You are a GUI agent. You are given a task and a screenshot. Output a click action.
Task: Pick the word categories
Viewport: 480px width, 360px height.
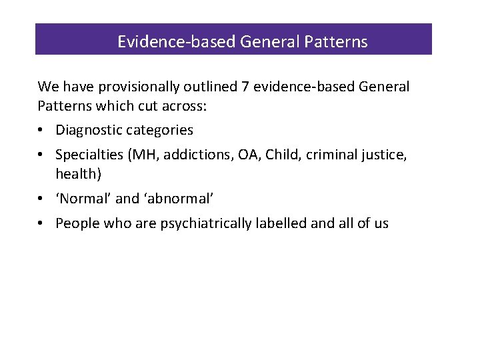click(x=160, y=130)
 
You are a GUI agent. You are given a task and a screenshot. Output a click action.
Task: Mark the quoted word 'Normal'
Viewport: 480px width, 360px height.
click(x=83, y=198)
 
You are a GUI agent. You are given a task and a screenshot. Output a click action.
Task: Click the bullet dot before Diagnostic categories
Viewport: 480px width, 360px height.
click(x=43, y=131)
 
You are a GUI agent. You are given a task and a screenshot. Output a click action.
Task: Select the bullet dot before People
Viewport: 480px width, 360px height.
click(x=43, y=224)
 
